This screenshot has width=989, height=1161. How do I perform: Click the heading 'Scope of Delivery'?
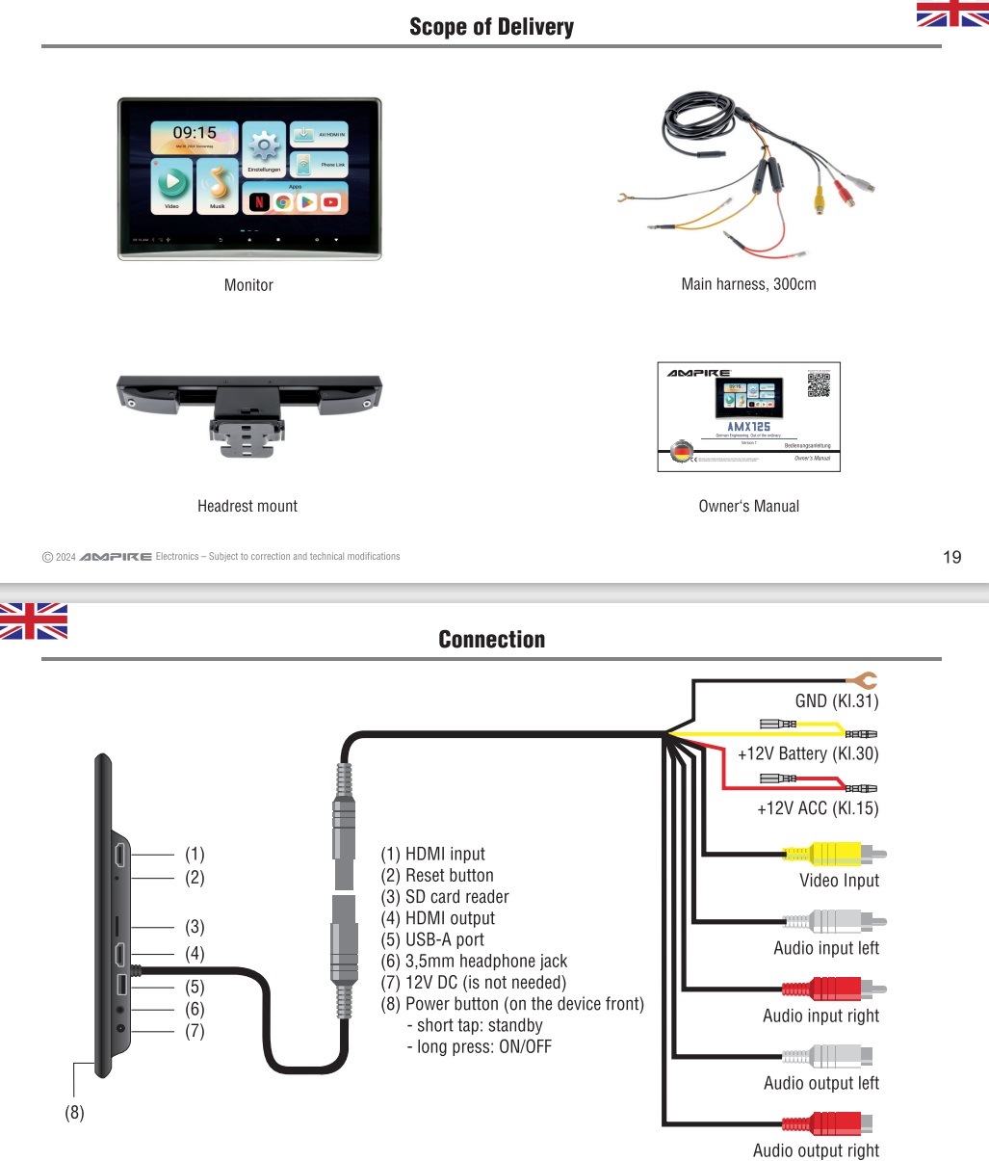tap(491, 27)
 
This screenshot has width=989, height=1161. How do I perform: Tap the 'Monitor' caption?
tap(248, 285)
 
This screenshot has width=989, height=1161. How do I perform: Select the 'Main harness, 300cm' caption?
tap(748, 284)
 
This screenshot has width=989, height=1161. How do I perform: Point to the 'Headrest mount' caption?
tap(247, 506)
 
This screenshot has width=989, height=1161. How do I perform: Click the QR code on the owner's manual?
tap(819, 384)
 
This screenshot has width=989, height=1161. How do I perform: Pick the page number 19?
tap(951, 557)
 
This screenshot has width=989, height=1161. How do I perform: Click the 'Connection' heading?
tap(491, 640)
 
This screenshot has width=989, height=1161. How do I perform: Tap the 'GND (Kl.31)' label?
tap(836, 701)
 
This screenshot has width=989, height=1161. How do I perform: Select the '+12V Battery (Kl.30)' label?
tap(807, 753)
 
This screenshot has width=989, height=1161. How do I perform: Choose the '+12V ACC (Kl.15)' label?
tap(818, 808)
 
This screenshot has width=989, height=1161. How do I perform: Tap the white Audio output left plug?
tap(828, 1056)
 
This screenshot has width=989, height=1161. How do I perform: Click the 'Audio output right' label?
tap(816, 1150)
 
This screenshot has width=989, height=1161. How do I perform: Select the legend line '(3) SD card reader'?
tap(444, 897)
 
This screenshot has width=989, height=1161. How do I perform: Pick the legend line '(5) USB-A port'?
tap(432, 939)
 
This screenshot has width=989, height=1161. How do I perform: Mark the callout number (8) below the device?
tap(74, 1113)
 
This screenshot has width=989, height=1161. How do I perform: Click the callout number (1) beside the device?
tap(195, 855)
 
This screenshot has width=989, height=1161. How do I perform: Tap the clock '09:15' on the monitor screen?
tap(195, 133)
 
